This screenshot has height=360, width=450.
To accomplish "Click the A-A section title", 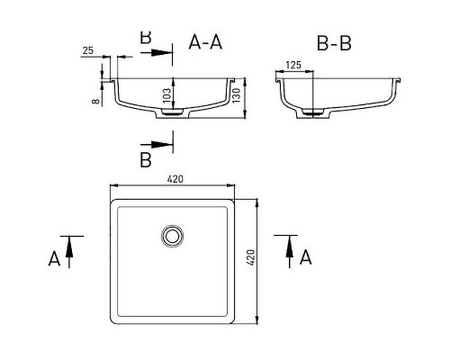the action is click(205, 42).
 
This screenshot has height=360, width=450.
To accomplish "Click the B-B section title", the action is click(334, 43).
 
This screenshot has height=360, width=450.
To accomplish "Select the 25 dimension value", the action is click(88, 50).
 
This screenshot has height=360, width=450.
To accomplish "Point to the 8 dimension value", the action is click(95, 101).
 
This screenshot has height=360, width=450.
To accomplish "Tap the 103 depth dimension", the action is click(166, 95).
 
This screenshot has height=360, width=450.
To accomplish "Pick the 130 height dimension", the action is click(237, 95).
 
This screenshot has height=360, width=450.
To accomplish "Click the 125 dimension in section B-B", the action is click(293, 65).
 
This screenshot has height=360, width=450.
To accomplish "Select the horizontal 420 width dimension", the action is click(175, 179).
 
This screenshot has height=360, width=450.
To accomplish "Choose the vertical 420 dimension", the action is click(250, 257).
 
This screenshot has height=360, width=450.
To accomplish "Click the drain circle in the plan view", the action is click(172, 236).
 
